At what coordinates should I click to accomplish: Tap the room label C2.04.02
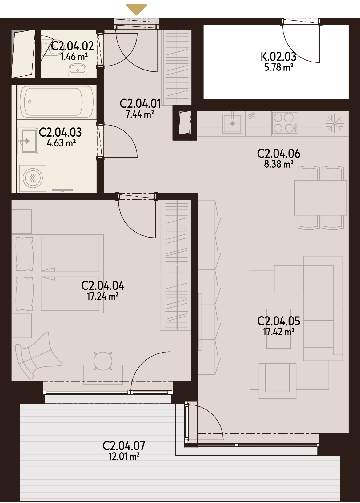click(72, 46)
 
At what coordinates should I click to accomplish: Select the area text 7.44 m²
click(140, 114)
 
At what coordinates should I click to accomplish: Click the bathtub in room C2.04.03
click(57, 102)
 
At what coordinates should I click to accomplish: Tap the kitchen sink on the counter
click(232, 123)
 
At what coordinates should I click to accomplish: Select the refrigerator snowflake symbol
click(335, 123)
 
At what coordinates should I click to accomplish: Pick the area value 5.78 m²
click(278, 67)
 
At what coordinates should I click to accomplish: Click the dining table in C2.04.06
click(321, 198)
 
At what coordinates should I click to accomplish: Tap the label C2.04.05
click(278, 321)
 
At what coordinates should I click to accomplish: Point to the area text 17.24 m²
click(103, 296)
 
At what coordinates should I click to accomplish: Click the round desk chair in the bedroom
click(103, 361)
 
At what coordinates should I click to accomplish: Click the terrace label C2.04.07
click(124, 446)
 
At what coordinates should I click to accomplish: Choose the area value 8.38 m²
click(278, 164)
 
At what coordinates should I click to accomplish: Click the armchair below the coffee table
click(277, 381)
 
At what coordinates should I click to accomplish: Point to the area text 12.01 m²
click(124, 457)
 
